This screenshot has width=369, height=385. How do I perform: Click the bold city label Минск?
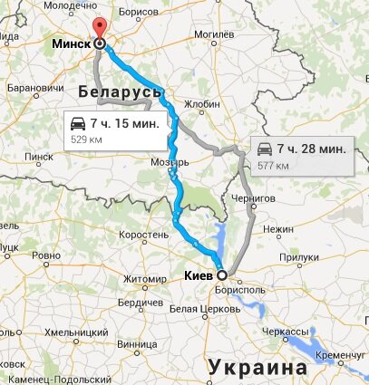coord(69,43)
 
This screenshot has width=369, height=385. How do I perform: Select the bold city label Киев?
coord(198,273)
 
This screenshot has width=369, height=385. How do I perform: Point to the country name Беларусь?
coord(120,92)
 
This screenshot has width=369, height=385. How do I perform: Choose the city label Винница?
coord(134,343)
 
